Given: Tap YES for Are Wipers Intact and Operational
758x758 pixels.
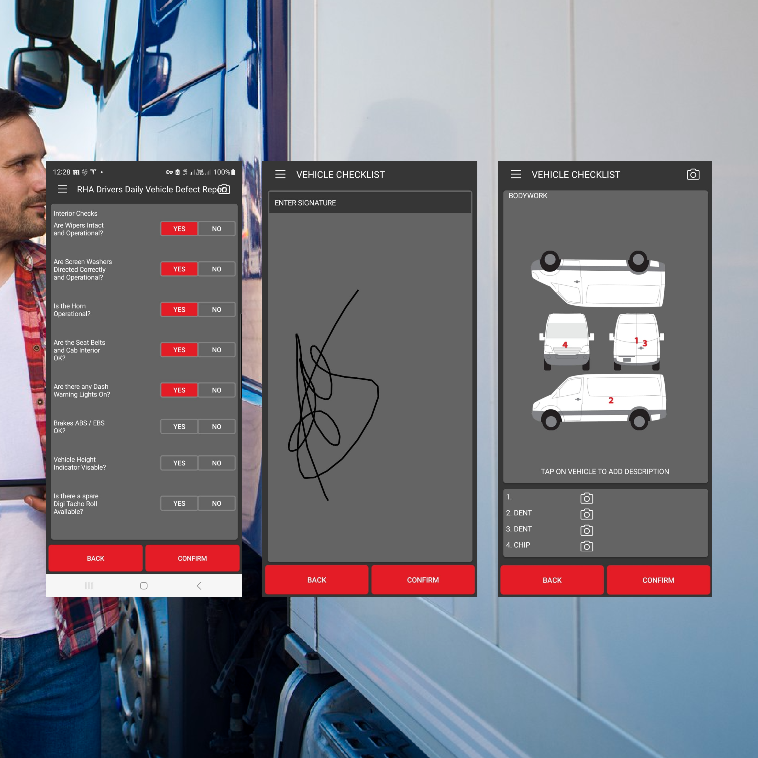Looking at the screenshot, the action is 179,229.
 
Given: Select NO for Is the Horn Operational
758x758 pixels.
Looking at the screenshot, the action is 217,309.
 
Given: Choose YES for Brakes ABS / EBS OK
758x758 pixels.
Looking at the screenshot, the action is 179,427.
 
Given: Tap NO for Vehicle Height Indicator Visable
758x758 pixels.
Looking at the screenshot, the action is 217,463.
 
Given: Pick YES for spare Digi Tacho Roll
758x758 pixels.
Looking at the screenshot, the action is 179,503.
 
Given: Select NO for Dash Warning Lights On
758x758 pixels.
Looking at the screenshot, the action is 217,390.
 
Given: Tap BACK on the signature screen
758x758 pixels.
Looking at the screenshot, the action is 317,580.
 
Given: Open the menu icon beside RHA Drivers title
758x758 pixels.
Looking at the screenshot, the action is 62,189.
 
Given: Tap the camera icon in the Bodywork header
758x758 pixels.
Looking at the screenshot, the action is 693,174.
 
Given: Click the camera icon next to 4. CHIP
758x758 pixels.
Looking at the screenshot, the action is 587,546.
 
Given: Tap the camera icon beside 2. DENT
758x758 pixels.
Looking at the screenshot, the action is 587,514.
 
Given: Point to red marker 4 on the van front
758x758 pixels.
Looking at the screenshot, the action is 565,344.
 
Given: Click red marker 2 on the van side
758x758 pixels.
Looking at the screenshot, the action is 611,400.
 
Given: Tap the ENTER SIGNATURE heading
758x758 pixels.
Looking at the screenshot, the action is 305,203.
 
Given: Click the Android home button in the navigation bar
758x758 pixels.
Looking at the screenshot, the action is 143,586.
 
